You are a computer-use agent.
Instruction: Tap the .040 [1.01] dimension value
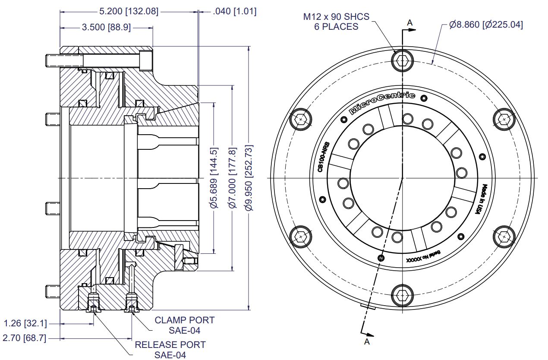pos(234,11)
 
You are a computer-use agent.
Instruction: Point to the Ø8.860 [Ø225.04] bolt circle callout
pos(486,25)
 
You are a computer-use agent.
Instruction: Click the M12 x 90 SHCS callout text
pos(336,21)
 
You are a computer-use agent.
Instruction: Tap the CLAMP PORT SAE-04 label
pos(184,325)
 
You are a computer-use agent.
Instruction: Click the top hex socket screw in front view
pos(402,61)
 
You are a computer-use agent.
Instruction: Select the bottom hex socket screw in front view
pos(402,296)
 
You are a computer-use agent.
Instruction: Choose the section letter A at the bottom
pos(367,341)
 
